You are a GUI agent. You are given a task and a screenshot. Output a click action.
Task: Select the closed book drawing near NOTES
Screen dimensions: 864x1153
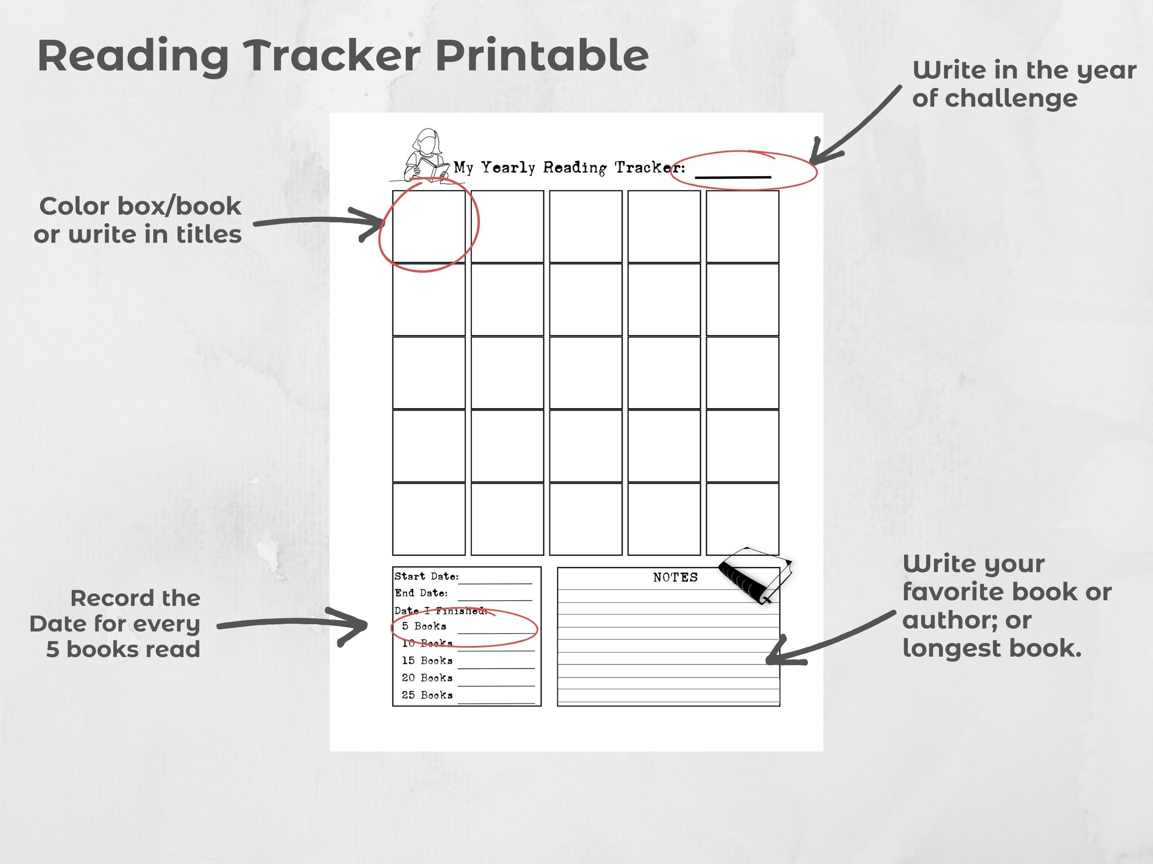point(755,575)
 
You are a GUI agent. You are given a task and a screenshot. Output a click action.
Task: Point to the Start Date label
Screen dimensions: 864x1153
point(426,576)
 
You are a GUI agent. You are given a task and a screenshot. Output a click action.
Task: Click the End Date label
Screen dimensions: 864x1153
point(421,593)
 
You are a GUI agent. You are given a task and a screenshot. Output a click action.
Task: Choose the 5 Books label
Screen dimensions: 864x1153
point(424,626)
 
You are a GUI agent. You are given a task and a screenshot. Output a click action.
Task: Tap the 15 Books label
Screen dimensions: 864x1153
point(427,661)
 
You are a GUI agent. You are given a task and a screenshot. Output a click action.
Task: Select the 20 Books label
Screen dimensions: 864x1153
point(427,678)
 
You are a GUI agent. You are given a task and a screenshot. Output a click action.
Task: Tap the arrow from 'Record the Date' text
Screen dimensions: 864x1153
point(292,625)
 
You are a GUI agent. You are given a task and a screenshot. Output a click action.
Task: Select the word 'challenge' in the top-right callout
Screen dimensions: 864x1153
point(1011,99)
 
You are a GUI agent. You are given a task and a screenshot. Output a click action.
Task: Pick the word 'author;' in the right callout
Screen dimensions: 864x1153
point(966,620)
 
